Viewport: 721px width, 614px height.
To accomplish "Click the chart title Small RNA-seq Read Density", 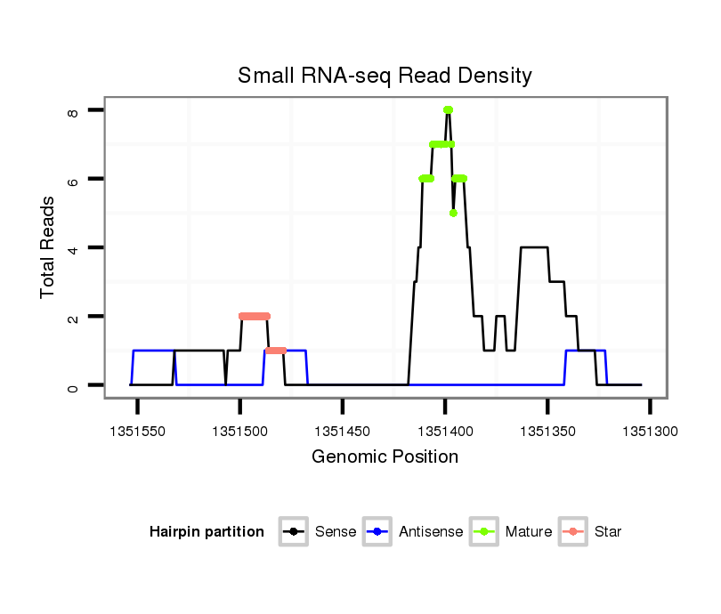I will point(385,76).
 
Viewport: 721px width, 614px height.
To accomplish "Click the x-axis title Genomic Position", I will point(385,457).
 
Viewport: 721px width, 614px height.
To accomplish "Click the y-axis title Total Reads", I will point(48,247).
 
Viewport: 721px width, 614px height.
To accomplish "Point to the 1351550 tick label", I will point(137,431).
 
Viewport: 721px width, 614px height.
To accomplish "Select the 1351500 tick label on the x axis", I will point(239,431).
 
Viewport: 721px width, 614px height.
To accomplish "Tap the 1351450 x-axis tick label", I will point(343,431).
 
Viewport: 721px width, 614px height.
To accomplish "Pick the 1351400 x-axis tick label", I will point(445,431).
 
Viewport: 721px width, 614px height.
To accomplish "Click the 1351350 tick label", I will point(547,431).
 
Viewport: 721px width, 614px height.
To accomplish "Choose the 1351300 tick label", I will point(650,431).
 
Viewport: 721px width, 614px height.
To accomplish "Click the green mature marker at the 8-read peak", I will point(449,110).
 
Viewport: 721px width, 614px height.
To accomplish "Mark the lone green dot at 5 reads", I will point(453,214).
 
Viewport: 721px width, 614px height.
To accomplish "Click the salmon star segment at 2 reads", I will point(255,316).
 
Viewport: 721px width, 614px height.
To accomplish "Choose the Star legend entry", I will point(591,532).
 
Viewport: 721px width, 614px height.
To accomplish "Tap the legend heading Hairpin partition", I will point(207,532).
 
